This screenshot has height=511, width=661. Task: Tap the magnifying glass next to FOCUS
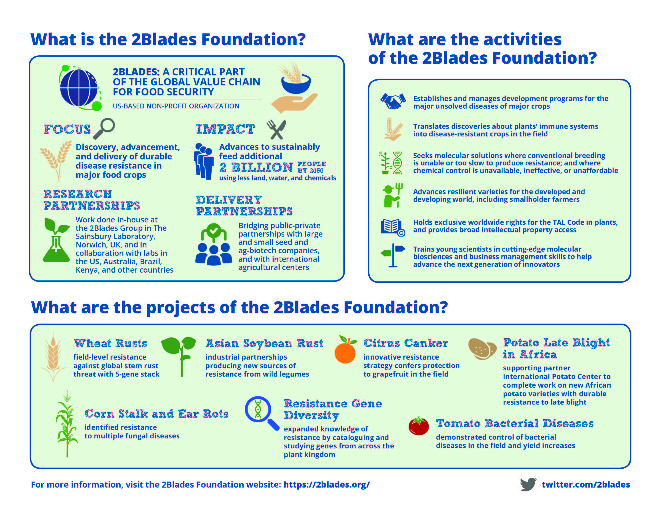[104, 129]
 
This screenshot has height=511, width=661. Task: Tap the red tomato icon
[419, 426]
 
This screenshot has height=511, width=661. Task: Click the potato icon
[482, 348]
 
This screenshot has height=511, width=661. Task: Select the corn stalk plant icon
[67, 424]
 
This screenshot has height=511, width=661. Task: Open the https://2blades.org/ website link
[326, 485]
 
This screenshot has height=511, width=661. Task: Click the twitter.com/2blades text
[586, 485]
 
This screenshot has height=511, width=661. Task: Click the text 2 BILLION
[256, 167]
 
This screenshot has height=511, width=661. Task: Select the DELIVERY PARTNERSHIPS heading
[244, 206]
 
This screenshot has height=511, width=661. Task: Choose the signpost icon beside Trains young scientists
[393, 255]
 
